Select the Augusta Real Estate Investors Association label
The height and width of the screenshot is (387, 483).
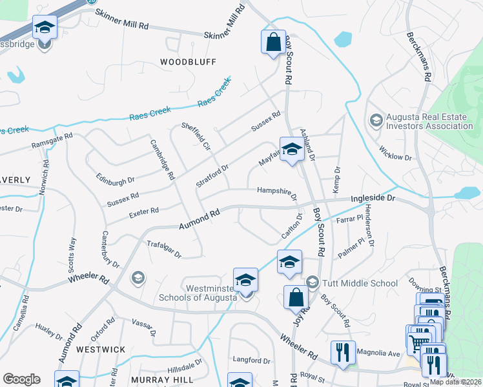pos(429,121)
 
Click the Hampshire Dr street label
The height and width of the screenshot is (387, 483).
pos(277,191)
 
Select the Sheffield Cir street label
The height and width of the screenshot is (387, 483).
pos(196,137)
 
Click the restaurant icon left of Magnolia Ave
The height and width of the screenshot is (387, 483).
pos(343,353)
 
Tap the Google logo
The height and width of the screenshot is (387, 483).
pos(21,379)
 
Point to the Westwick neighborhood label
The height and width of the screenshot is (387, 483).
pos(100,349)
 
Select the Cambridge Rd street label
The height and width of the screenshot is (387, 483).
pos(163,160)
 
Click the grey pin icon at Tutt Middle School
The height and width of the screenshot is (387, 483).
pos(313,283)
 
